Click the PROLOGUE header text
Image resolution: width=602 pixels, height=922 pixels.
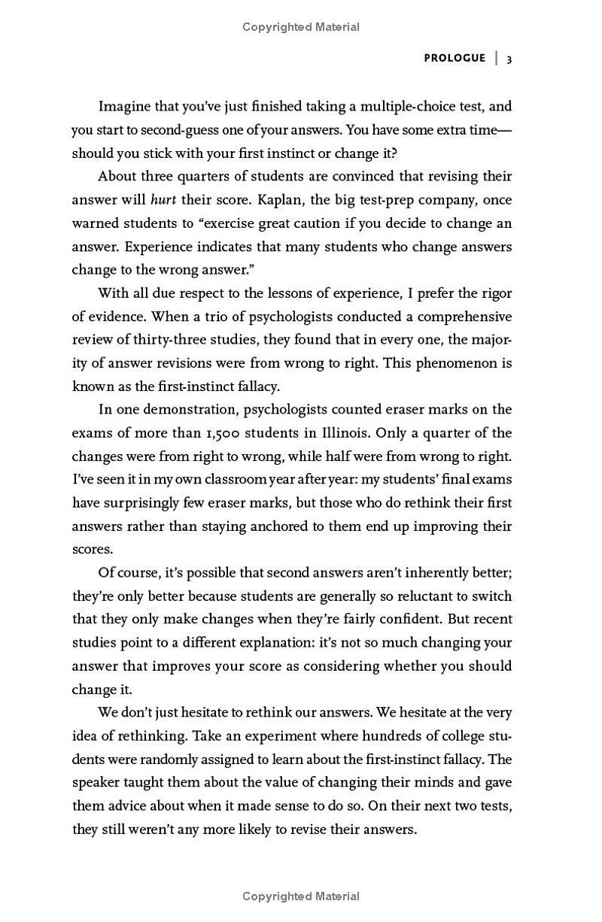coord(455,58)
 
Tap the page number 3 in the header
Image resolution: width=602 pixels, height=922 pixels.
coord(509,59)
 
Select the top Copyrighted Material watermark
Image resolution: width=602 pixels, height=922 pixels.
coord(301,27)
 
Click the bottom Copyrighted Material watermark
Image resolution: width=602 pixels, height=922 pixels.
coord(301,896)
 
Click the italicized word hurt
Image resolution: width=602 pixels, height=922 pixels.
coord(163,199)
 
